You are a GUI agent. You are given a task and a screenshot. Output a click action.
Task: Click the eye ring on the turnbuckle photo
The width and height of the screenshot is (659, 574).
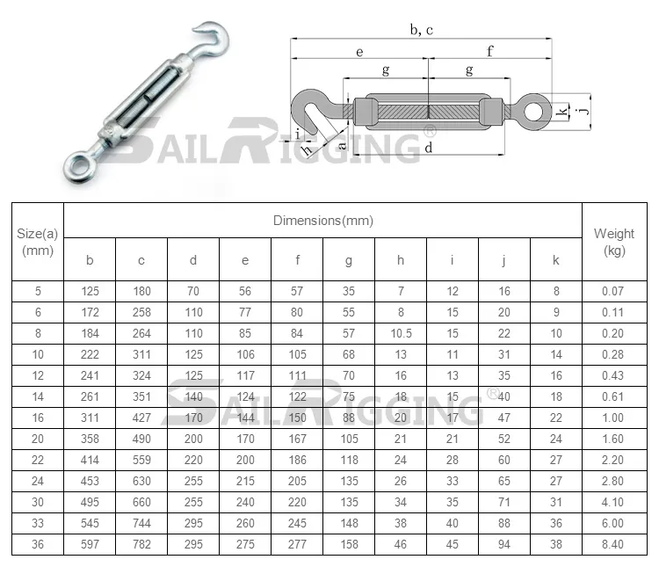(76, 163)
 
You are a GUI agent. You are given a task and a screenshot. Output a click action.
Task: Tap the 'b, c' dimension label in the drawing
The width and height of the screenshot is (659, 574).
(422, 30)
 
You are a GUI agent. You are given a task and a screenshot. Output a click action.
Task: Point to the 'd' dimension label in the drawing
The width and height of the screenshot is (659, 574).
(427, 148)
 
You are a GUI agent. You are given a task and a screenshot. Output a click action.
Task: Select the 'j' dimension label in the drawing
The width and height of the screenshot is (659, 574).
(582, 112)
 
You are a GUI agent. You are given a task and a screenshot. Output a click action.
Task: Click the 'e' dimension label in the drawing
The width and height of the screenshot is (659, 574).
(359, 52)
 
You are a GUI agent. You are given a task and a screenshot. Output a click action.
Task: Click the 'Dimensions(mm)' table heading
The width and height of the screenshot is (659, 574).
(322, 221)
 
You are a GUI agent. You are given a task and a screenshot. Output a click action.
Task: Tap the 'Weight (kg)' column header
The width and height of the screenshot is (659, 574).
(614, 242)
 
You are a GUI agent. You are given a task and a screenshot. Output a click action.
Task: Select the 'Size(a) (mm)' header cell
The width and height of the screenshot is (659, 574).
(37, 242)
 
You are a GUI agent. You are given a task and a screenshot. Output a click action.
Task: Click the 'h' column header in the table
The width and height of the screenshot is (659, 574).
(401, 259)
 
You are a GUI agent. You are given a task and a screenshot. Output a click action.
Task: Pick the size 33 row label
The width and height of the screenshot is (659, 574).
(37, 523)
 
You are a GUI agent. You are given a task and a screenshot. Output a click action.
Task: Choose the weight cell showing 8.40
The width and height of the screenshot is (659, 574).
(614, 544)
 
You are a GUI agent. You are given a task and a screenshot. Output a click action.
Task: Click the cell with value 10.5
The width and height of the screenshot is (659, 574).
(401, 333)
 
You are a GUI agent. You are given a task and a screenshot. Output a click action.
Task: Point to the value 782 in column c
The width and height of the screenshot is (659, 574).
(141, 544)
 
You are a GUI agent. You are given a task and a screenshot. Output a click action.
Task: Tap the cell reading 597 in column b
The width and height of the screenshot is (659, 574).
(90, 544)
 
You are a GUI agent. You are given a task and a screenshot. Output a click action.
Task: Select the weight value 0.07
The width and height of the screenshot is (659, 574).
(614, 291)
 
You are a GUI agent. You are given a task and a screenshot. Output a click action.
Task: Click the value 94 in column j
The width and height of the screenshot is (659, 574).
(504, 544)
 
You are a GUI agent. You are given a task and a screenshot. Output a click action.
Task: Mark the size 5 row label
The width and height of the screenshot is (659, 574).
(37, 291)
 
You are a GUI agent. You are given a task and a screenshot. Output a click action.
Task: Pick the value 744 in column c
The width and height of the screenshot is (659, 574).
(141, 523)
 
